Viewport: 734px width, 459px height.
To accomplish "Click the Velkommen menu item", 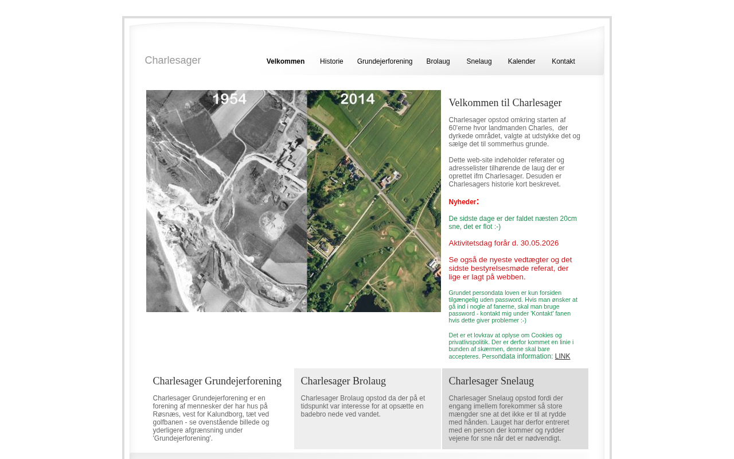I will pyautogui.click(x=285, y=61).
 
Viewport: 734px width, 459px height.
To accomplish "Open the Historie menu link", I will pyautogui.click(x=331, y=61).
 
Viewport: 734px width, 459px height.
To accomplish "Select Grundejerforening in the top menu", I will pyautogui.click(x=384, y=61).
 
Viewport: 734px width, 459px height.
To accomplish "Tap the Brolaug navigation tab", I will pyautogui.click(x=438, y=61).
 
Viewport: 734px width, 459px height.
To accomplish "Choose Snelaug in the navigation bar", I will pyautogui.click(x=479, y=61).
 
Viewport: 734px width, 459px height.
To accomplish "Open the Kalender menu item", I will pyautogui.click(x=521, y=61).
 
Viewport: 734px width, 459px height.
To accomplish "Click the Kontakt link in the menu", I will pyautogui.click(x=563, y=61).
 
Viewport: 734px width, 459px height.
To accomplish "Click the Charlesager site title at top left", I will pyautogui.click(x=173, y=60).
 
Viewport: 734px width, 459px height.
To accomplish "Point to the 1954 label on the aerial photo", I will pyautogui.click(x=229, y=99).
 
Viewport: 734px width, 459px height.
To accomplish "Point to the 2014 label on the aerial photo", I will pyautogui.click(x=357, y=99).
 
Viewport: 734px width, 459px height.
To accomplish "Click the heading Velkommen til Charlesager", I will pyautogui.click(x=505, y=103).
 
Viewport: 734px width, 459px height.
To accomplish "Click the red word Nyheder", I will pyautogui.click(x=462, y=202).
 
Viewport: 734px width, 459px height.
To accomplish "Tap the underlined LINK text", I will pyautogui.click(x=563, y=356).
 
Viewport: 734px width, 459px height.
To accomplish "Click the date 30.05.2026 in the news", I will pyautogui.click(x=539, y=243).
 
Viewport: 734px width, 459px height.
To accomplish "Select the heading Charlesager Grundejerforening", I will pyautogui.click(x=217, y=381).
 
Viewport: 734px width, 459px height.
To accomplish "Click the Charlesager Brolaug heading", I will pyautogui.click(x=343, y=381).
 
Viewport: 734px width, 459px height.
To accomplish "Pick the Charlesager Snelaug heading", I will pyautogui.click(x=491, y=381).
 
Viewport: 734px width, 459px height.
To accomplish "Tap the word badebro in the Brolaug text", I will pyautogui.click(x=313, y=414).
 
